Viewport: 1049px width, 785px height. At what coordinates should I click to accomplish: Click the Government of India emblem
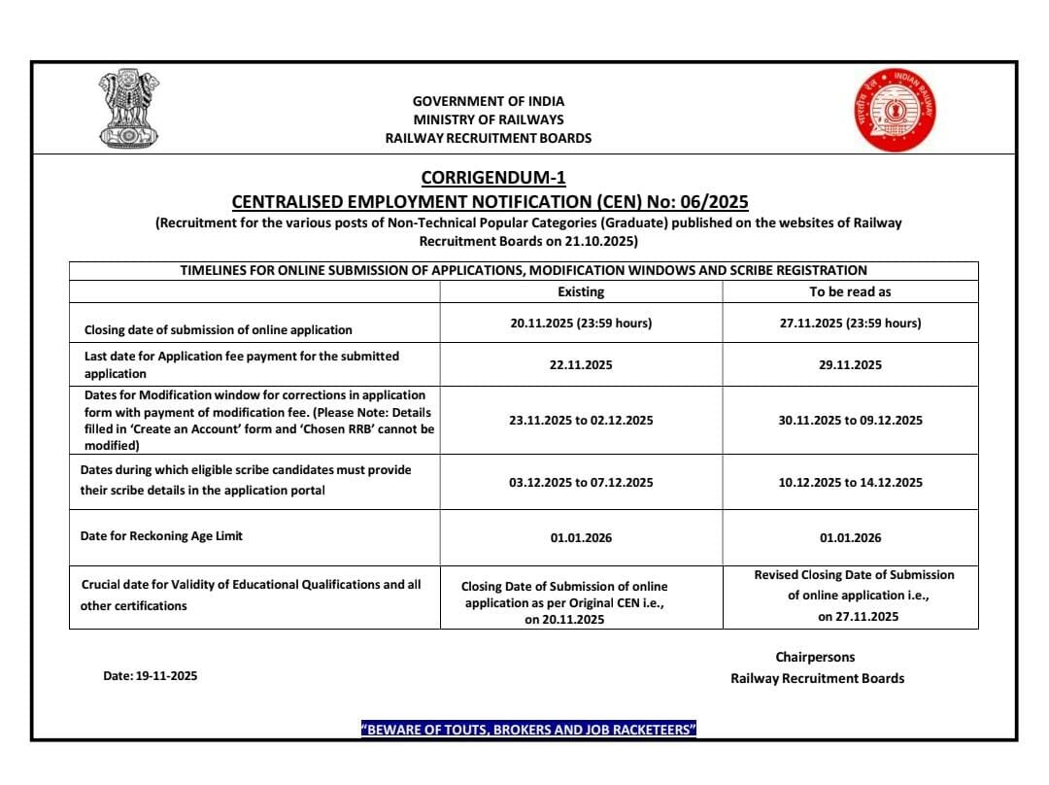tap(129, 108)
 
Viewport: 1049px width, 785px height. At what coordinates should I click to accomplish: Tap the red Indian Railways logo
tap(895, 109)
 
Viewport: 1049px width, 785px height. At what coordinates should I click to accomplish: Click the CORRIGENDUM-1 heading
tap(492, 178)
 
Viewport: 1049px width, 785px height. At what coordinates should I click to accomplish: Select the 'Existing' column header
tap(581, 291)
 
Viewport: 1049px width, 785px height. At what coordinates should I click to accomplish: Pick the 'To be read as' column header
tap(850, 291)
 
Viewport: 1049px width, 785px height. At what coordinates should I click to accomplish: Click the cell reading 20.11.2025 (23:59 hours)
tap(581, 324)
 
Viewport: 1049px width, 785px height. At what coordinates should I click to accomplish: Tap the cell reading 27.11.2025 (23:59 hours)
tap(850, 324)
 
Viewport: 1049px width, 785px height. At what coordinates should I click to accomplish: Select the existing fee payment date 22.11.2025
tap(581, 365)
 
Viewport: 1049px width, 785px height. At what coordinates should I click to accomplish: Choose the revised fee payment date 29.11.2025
tap(850, 365)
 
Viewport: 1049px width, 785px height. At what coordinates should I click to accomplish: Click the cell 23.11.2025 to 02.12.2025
tap(581, 421)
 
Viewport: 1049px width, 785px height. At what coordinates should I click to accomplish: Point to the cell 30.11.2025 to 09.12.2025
tap(850, 421)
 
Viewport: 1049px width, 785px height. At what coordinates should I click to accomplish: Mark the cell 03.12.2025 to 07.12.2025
tap(581, 483)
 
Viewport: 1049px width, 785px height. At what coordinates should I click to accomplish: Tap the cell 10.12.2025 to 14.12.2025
tap(850, 483)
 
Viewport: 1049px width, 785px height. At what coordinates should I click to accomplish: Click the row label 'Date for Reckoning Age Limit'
tap(161, 536)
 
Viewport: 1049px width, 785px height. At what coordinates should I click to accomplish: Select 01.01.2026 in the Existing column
tap(581, 538)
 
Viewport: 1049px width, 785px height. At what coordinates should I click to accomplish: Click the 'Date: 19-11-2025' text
tap(150, 676)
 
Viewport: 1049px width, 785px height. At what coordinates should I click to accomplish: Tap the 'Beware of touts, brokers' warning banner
tap(528, 730)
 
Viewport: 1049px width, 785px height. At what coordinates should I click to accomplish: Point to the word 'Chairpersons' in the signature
tap(815, 658)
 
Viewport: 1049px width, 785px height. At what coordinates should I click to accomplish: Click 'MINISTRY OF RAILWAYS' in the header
tap(488, 119)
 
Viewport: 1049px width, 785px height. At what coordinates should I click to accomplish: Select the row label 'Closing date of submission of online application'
tap(218, 330)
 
